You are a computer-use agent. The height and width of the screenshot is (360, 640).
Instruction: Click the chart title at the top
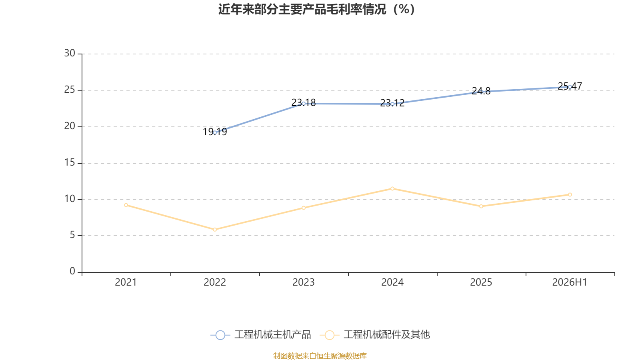point(316,10)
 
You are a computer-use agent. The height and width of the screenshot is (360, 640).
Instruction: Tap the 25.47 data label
point(570,86)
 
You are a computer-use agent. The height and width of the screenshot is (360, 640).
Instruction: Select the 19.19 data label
point(215,132)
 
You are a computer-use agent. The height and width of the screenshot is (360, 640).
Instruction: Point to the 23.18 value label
point(304,102)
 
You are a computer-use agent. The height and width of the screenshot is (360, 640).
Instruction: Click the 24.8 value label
point(481,91)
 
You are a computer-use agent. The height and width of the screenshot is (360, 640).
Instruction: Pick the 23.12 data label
point(392,103)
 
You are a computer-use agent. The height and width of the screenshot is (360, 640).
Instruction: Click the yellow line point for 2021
point(126,205)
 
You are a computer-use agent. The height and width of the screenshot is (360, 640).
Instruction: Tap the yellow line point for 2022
point(215,230)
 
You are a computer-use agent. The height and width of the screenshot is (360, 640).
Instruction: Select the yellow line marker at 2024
point(392,188)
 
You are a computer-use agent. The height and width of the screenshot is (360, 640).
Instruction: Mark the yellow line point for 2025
point(481,206)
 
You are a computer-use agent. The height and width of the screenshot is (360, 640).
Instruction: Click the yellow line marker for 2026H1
point(570,194)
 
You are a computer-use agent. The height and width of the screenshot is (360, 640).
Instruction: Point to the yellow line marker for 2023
point(304,208)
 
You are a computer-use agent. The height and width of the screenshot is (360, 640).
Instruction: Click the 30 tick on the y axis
point(70,53)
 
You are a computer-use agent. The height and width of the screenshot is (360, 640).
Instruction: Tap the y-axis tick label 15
point(70,162)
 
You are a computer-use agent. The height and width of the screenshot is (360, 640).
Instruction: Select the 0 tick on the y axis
point(72,271)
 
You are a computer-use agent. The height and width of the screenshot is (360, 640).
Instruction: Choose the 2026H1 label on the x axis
point(570,282)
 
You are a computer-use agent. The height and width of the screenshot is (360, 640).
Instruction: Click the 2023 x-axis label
point(304,282)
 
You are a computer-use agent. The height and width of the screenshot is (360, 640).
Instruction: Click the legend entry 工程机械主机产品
point(260,334)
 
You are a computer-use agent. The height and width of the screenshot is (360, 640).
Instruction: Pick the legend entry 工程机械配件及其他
point(375,334)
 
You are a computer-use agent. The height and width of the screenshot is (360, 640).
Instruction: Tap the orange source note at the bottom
point(320,356)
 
